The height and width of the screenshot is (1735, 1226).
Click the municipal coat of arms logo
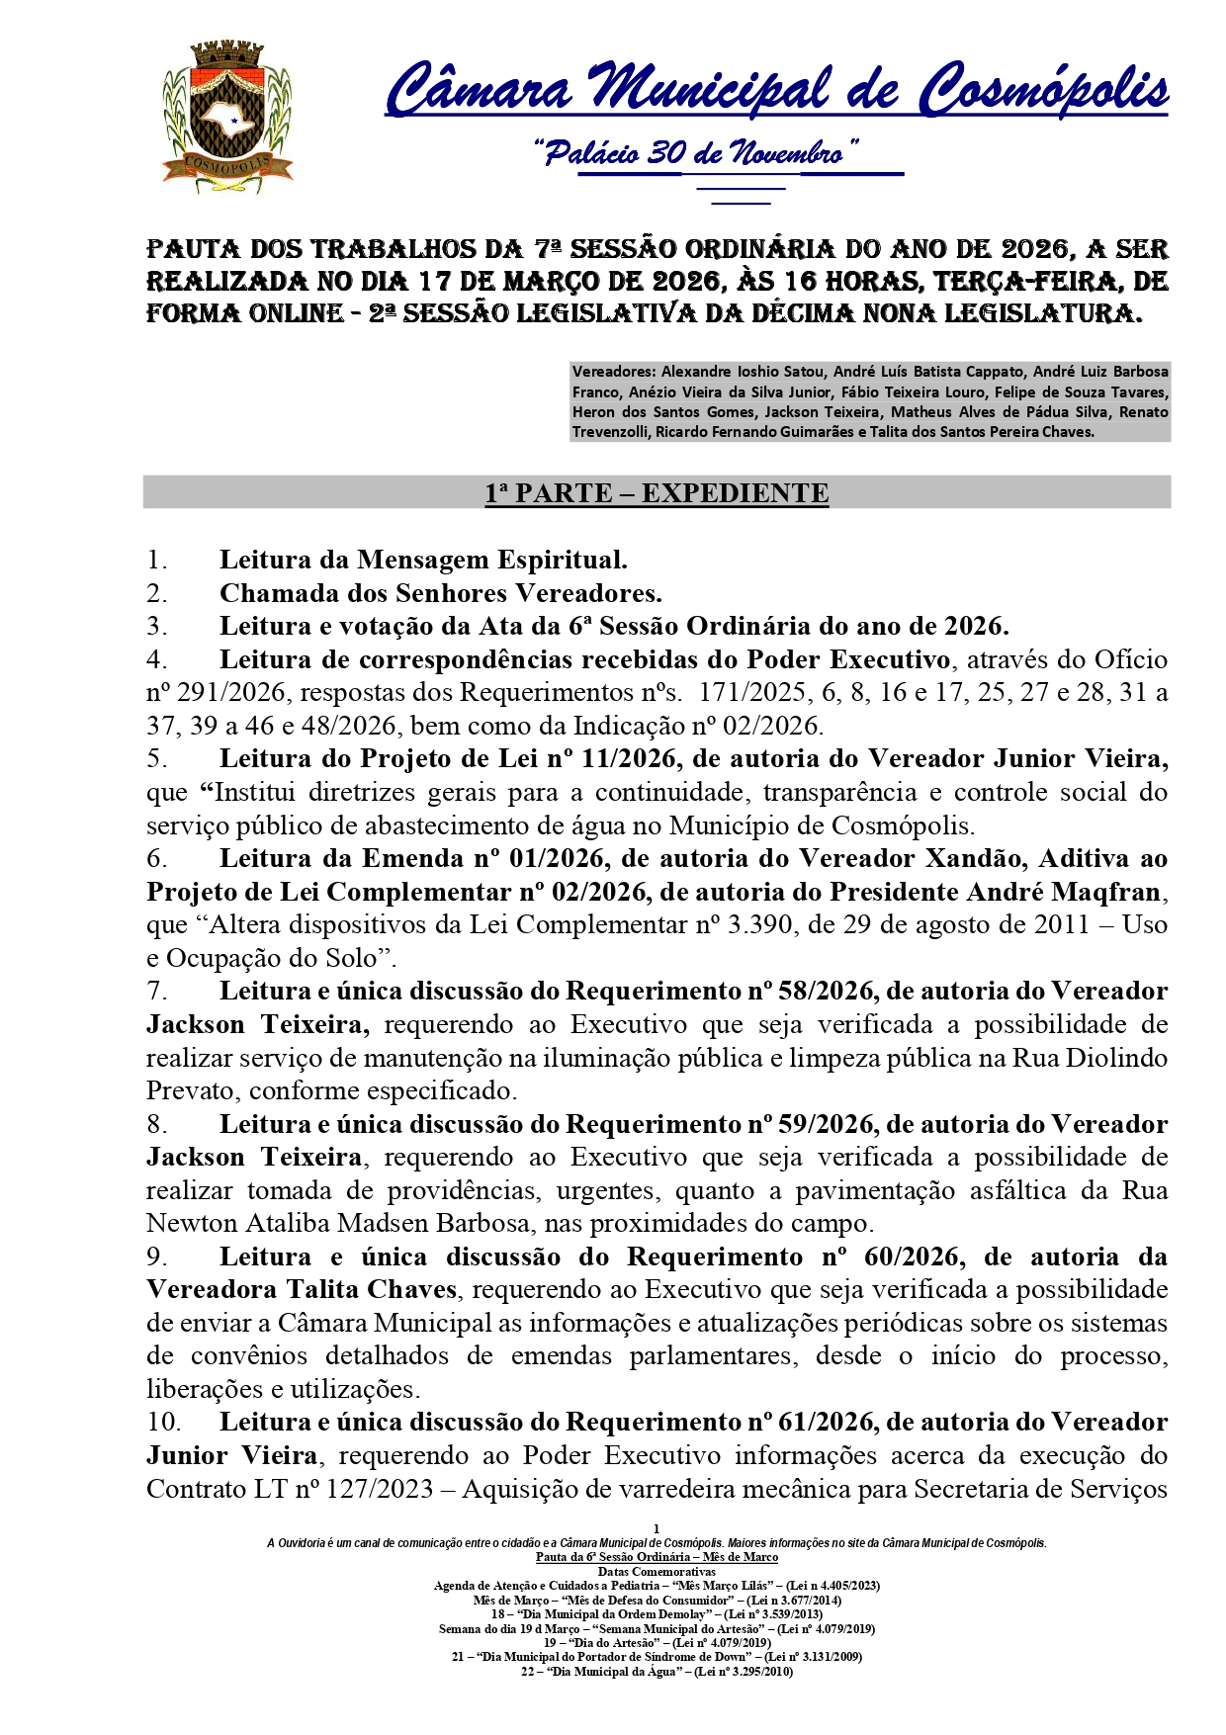point(227,117)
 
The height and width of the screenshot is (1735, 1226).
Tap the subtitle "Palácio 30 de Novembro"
point(695,153)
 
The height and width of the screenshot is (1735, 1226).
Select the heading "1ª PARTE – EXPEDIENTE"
point(657,493)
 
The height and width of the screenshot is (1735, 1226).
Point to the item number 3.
point(156,626)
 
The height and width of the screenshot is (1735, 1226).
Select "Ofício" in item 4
point(1130,659)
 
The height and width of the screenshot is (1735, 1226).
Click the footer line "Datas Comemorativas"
point(657,1571)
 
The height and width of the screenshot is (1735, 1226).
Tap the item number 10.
point(164,1423)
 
